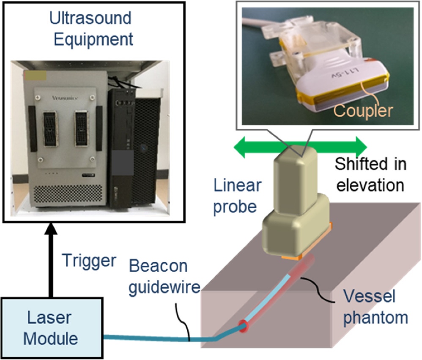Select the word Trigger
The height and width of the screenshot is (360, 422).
click(x=88, y=261)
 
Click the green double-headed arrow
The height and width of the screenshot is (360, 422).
click(x=301, y=148)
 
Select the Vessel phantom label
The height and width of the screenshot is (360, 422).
click(x=375, y=306)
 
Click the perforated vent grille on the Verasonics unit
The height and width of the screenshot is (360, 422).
click(x=68, y=195)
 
